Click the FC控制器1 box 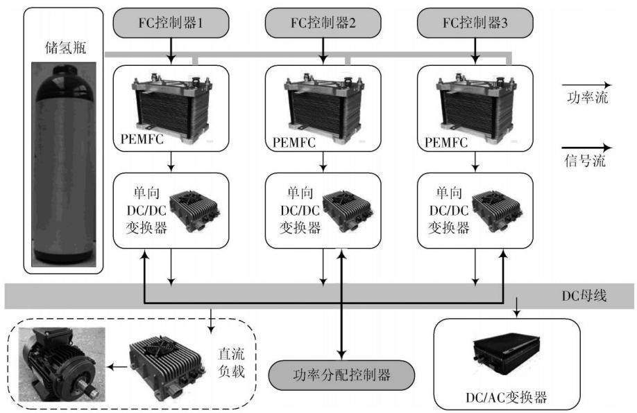click(x=171, y=23)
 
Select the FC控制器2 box click(x=323, y=23)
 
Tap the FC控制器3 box click(x=475, y=23)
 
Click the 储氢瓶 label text click(x=65, y=48)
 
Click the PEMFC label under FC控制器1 click(x=142, y=139)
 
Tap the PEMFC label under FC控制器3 click(x=446, y=142)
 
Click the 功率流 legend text click(x=588, y=98)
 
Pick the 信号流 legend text click(x=585, y=161)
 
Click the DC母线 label click(x=584, y=296)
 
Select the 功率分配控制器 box click(x=341, y=374)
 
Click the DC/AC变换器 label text click(x=506, y=397)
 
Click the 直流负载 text click(x=231, y=362)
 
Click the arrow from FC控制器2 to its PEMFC click(x=323, y=51)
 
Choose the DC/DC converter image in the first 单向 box click(x=194, y=211)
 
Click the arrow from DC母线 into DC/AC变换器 click(x=516, y=307)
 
